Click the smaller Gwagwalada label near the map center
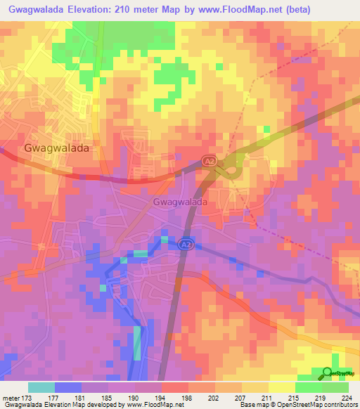coord(179,202)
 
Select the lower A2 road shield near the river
coord(185,244)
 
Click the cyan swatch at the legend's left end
coord(41,387)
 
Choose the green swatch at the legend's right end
coord(335,387)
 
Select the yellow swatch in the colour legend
coord(281,387)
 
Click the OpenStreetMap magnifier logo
coord(327,373)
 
